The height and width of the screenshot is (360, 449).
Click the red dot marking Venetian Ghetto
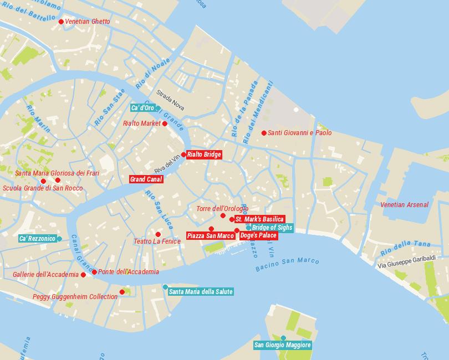[x=61, y=22]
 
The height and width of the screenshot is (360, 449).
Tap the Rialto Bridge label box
[x=204, y=155]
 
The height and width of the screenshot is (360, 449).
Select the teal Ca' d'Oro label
[x=142, y=107]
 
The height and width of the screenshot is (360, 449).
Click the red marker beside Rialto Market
[x=165, y=124]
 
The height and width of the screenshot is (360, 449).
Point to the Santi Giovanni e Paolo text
[x=299, y=133]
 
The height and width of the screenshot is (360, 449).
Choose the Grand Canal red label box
[x=146, y=179]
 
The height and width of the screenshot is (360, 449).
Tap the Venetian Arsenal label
[x=404, y=205]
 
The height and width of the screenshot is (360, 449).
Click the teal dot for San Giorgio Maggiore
[x=283, y=338]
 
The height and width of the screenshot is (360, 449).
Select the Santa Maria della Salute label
[x=201, y=291]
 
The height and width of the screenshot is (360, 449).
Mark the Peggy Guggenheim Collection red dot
[x=123, y=292]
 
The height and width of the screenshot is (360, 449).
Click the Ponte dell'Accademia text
[x=129, y=272]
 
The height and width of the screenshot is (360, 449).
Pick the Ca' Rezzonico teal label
[x=37, y=239]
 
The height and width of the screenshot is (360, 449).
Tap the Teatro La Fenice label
[x=157, y=241]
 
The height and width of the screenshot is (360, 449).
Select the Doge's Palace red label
[x=258, y=235]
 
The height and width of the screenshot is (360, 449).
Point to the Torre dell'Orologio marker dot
[x=223, y=215]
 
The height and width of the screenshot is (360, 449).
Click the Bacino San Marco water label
[x=287, y=265]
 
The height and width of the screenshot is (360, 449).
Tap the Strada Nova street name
[x=170, y=100]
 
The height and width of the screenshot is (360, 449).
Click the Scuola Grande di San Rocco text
[x=43, y=188]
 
